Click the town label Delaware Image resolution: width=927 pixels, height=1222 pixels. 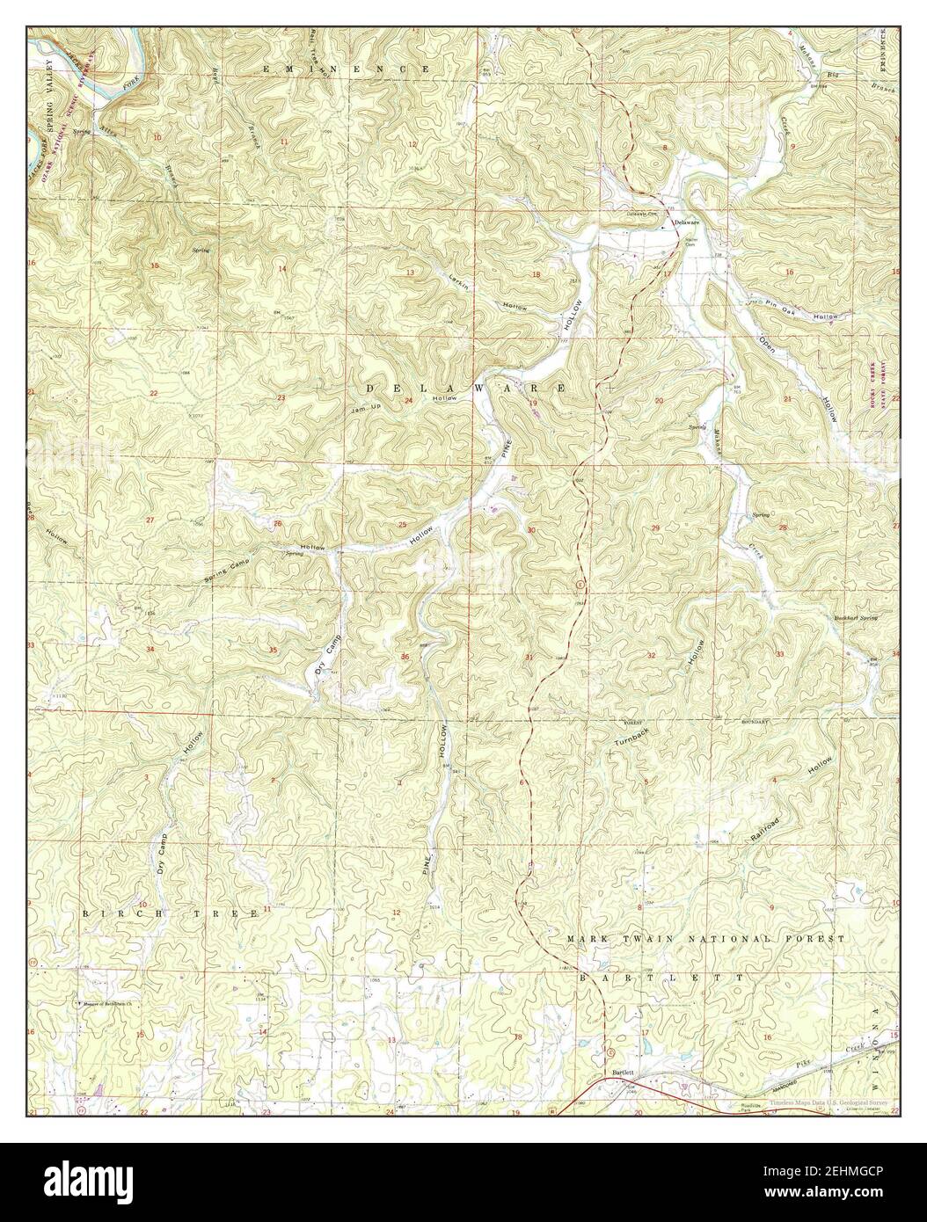coord(688,224)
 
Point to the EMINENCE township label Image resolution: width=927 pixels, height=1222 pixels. coord(347,68)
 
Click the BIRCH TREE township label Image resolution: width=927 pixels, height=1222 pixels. coord(171,913)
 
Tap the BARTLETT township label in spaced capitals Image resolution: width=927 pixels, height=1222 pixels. coord(660,978)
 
